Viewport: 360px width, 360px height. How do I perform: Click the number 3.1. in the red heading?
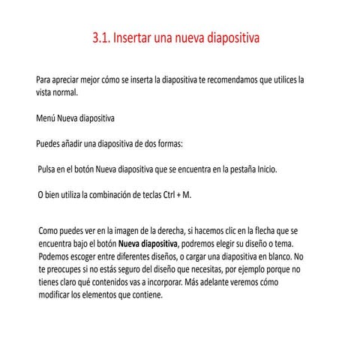[102, 37]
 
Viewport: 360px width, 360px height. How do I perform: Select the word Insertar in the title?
[138, 37]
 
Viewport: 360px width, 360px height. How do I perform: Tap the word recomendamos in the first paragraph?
[236, 79]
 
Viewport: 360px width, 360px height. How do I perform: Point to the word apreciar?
[69, 79]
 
